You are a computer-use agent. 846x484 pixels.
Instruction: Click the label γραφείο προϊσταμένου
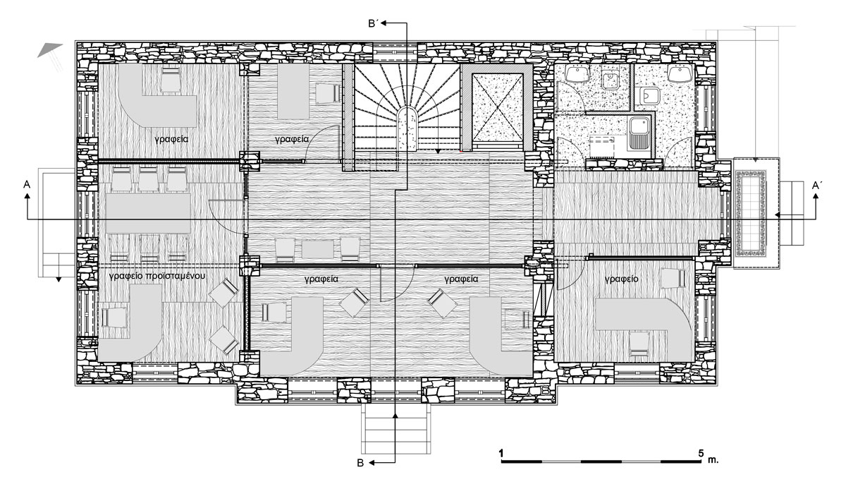point(157,276)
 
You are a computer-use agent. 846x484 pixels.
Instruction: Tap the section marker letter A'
point(817,185)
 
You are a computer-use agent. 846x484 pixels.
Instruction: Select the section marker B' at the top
point(374,24)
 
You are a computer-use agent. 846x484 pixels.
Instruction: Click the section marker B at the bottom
point(360,463)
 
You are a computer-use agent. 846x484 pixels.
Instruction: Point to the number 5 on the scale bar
point(701,453)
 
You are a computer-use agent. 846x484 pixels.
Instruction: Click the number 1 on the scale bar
point(501,453)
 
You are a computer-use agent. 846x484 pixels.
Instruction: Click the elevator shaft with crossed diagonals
point(497,108)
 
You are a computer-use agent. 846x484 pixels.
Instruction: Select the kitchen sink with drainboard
point(638,132)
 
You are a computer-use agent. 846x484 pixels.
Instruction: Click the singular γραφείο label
point(622,279)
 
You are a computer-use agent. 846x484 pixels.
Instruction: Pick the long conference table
point(148,214)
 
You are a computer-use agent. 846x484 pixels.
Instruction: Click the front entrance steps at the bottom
point(396,430)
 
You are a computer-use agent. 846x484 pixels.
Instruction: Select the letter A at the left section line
point(27,184)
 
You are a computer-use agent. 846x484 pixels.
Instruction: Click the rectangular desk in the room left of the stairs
point(293,91)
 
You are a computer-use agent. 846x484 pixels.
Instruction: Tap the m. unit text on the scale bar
point(713,460)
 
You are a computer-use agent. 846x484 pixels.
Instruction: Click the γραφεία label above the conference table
point(171,139)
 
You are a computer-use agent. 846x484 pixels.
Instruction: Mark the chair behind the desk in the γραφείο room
point(639,344)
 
